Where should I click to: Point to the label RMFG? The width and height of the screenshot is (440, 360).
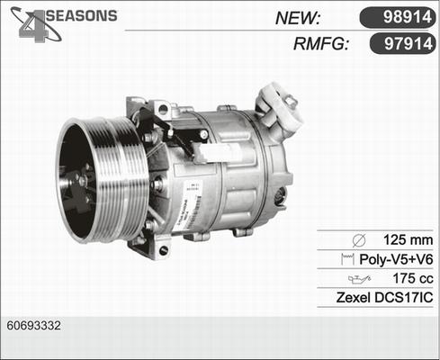point(320,44)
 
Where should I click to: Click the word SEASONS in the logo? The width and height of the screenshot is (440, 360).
point(80,16)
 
